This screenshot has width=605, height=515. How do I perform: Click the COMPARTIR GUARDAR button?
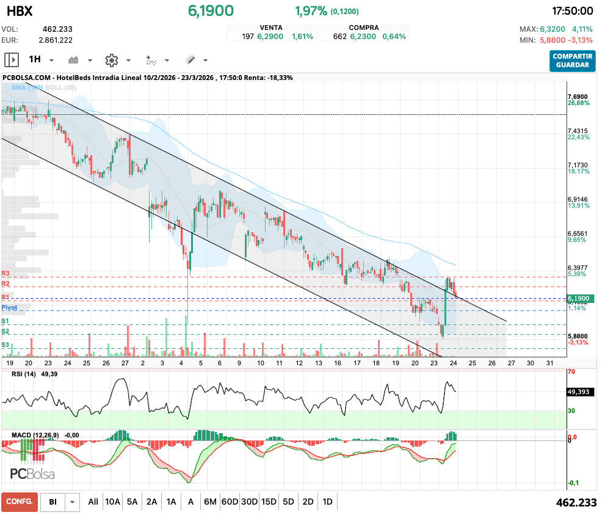point(572,60)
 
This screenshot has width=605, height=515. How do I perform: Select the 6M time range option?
point(210,502)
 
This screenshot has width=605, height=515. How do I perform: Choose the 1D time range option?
point(327,502)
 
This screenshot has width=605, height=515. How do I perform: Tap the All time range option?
point(93,502)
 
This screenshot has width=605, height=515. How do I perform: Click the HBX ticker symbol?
point(20,11)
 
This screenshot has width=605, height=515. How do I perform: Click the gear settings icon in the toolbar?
point(111,60)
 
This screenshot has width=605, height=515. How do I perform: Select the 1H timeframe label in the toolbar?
point(35,60)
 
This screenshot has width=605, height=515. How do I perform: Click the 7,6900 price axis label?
point(577,97)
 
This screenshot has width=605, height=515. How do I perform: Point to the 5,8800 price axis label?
point(577,336)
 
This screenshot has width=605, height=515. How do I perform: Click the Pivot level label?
point(9,308)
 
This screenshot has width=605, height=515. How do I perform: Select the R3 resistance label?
point(5,274)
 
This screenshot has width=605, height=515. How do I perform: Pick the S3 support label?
point(5,345)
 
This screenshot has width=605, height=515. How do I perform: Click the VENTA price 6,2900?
point(270,37)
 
